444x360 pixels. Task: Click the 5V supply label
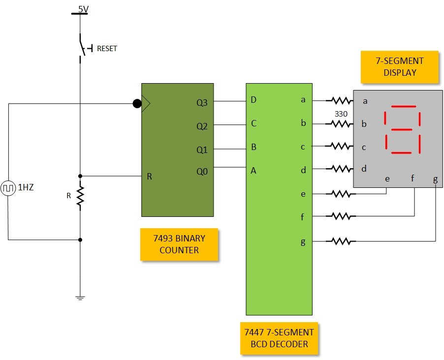(83, 8)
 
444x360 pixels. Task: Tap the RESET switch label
(107, 49)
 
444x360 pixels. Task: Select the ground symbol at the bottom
(80, 298)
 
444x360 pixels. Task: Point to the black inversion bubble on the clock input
(137, 104)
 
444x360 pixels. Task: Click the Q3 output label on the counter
(202, 103)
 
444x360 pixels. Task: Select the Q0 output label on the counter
(202, 172)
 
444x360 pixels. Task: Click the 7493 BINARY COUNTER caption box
(179, 244)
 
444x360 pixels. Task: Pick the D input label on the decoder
(254, 100)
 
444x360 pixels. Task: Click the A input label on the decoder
(254, 171)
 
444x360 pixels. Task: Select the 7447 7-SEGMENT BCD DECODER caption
(279, 338)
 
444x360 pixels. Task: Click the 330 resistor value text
(340, 114)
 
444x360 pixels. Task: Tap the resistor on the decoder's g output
(341, 241)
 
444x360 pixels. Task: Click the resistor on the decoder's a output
(340, 101)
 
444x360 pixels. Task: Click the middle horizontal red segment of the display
(401, 130)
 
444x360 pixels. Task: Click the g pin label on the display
(435, 180)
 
